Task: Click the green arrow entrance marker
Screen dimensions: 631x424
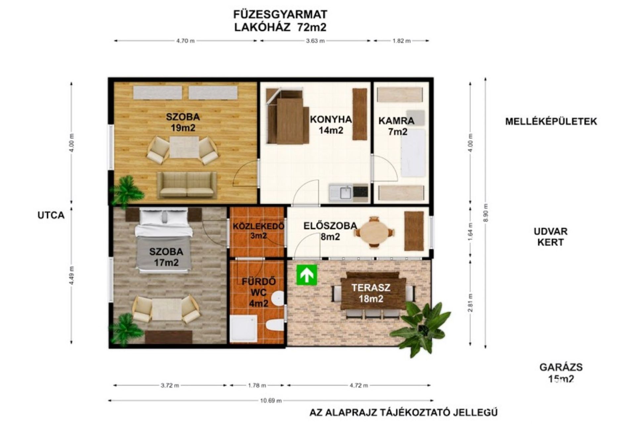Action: pos(307,275)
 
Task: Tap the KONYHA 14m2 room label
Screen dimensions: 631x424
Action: pos(331,125)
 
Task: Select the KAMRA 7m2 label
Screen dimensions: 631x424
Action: pos(397,126)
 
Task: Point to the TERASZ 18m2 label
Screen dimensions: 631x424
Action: pos(371,293)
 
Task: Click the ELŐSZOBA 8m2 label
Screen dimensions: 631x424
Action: pos(330,231)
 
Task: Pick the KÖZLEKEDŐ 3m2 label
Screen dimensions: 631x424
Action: pos(258,231)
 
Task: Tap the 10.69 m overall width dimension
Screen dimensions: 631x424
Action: pos(271,400)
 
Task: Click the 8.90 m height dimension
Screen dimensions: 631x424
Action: pos(486,213)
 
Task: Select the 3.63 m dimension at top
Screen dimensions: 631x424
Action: pos(315,41)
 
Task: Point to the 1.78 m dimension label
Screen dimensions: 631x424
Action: pos(257,385)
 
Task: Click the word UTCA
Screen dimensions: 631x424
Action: pos(51,215)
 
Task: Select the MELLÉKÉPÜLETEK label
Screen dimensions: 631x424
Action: pos(551,121)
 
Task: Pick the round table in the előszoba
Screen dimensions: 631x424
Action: pos(374,232)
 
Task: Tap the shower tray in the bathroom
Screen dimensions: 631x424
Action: pos(243,328)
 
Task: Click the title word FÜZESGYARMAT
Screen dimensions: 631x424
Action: pos(280,15)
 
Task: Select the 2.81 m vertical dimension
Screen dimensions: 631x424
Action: pos(470,303)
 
